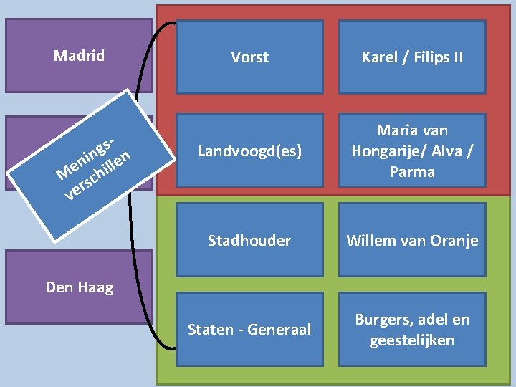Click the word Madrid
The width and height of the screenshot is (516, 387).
tap(79, 56)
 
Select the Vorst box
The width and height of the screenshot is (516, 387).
tap(249, 57)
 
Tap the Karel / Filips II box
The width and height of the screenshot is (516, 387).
tap(412, 57)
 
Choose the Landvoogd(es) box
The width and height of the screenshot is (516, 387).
tap(249, 151)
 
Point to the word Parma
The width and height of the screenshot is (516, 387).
tap(412, 172)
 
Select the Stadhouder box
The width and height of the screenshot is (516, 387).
tap(249, 241)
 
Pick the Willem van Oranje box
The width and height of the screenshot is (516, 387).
tap(412, 241)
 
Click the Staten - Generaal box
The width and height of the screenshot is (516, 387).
tap(249, 330)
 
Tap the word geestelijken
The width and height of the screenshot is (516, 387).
tap(412, 340)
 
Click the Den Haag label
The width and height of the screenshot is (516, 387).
tap(79, 288)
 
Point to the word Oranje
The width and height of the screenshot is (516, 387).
tap(455, 241)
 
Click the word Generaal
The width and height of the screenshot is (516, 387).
tap(281, 330)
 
